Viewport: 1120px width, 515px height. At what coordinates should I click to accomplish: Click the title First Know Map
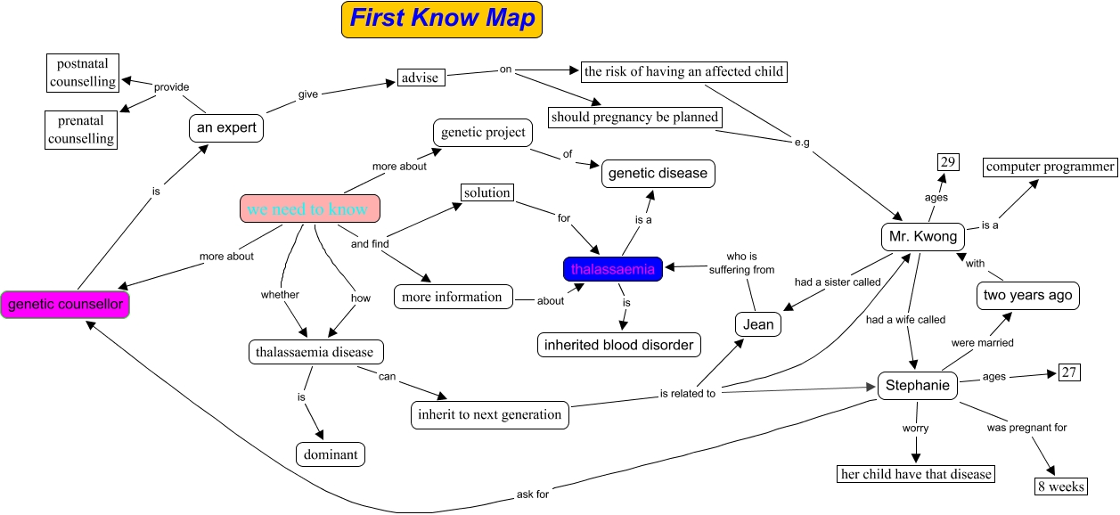[x=442, y=19]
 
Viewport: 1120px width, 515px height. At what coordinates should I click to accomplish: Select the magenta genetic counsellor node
[x=65, y=305]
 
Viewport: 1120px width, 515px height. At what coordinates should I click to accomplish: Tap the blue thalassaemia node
[x=613, y=268]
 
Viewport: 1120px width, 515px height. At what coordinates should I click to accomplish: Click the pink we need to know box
[x=310, y=208]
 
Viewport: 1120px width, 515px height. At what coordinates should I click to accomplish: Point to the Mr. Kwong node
[x=922, y=237]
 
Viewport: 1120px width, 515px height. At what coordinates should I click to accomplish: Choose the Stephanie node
[x=917, y=386]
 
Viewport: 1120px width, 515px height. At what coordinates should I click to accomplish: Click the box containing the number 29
[x=947, y=161]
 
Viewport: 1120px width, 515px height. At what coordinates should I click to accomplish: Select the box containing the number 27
[x=1069, y=372]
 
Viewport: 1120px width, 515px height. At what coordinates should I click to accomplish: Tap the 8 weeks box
[x=1060, y=486]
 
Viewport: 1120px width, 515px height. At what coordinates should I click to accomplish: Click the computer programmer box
[x=1051, y=167]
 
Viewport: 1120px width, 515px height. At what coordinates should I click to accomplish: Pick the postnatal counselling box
[x=82, y=73]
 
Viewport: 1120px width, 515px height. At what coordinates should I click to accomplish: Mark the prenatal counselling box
[x=81, y=129]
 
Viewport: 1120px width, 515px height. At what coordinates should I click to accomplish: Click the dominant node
[x=331, y=454]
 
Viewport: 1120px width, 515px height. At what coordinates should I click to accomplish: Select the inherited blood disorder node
[x=618, y=345]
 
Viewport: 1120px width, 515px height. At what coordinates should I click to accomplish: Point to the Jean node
[x=758, y=324]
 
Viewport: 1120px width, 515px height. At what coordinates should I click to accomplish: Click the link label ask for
[x=532, y=494]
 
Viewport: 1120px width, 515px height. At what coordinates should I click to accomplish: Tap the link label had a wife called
[x=905, y=319]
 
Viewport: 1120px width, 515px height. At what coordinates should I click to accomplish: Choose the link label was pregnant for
[x=1026, y=428]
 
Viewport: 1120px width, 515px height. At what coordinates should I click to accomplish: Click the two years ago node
[x=1027, y=296]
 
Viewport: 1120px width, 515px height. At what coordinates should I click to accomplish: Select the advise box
[x=420, y=78]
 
